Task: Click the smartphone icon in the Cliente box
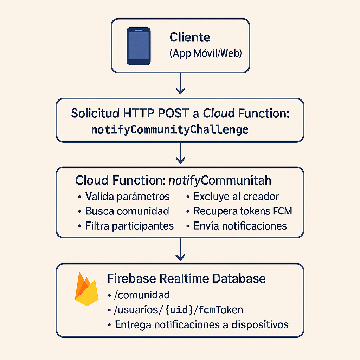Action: pos(138,46)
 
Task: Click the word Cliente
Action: pos(190,38)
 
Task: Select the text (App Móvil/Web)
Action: pos(205,54)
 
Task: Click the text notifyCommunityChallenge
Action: pos(170,130)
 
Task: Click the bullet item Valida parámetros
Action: pos(127,196)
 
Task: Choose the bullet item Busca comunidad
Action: pos(127,211)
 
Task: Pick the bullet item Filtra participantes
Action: pos(129,226)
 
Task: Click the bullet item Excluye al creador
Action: pos(236,196)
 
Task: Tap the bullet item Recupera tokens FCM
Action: pos(243,211)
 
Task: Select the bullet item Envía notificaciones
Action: pos(240,226)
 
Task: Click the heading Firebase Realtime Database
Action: pos(186,279)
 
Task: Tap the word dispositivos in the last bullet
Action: pos(260,324)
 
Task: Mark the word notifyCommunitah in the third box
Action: pos(220,181)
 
